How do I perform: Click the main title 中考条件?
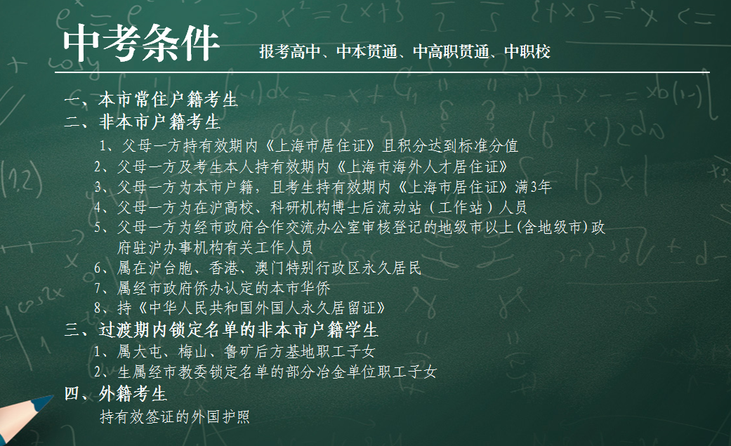(141, 43)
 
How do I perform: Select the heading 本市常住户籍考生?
(169, 99)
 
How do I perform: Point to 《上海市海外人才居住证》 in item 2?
(421, 166)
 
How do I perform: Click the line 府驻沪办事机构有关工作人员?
(215, 247)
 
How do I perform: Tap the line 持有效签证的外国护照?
(175, 417)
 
